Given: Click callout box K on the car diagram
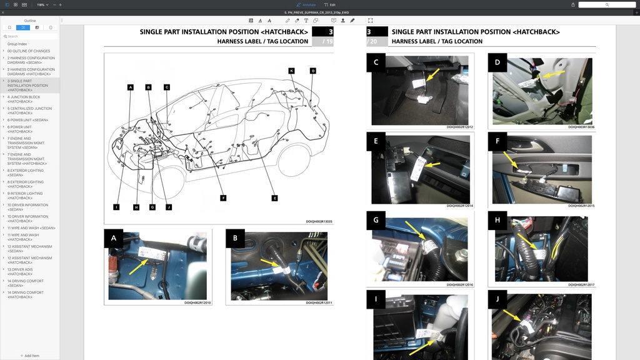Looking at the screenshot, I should click(291, 71).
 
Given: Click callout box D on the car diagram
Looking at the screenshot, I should click(313, 71).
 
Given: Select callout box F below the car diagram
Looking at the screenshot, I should click(223, 197).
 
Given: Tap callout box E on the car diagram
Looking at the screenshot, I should click(274, 197).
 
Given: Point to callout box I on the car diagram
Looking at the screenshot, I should click(116, 207).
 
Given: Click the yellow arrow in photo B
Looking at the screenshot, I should click(270, 262).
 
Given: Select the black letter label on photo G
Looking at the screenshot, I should click(376, 221).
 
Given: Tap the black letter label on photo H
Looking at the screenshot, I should click(497, 221).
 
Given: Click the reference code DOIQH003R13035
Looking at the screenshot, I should click(319, 221).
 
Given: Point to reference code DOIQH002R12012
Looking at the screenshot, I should click(459, 127).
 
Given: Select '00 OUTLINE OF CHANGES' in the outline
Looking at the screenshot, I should click(29, 51).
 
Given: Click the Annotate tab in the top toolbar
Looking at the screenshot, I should click(306, 4).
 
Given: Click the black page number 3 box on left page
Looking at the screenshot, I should click(322, 31).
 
